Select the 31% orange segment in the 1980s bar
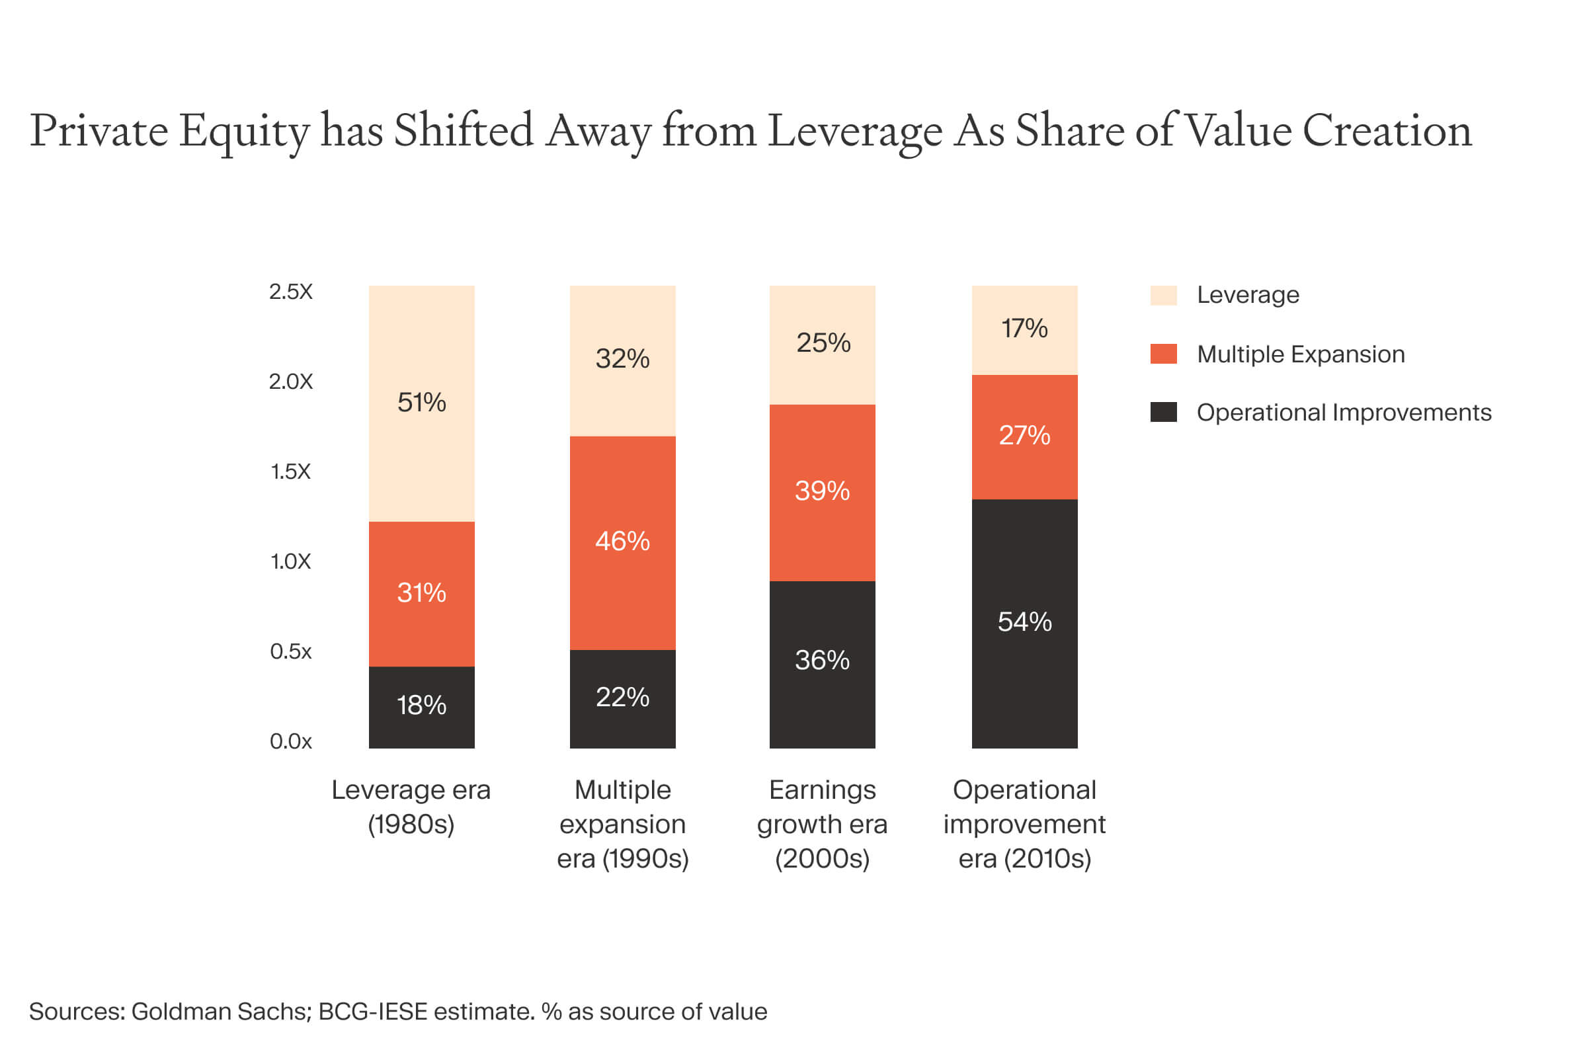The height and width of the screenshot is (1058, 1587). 422,593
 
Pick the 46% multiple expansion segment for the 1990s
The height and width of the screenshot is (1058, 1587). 622,542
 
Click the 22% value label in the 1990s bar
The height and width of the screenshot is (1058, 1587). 622,698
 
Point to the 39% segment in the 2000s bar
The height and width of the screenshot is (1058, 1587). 822,491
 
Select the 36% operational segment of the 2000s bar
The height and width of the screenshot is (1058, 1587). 822,661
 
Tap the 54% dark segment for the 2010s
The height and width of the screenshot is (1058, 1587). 1024,622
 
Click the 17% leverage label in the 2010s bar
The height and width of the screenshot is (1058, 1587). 1024,329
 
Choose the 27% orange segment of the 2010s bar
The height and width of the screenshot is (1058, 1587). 1024,436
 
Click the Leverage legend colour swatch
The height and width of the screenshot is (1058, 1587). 1163,296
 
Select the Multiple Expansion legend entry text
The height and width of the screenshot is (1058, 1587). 1300,354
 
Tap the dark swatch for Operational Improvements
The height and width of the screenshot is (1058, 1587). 1163,412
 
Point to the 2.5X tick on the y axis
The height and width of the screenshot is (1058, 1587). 291,292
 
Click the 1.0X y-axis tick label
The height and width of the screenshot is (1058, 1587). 291,561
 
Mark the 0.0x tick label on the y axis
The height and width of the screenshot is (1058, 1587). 291,741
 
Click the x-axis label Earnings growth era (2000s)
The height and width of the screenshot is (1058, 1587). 822,824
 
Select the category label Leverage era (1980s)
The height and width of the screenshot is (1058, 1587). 411,807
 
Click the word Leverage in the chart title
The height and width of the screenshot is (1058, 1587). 854,132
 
